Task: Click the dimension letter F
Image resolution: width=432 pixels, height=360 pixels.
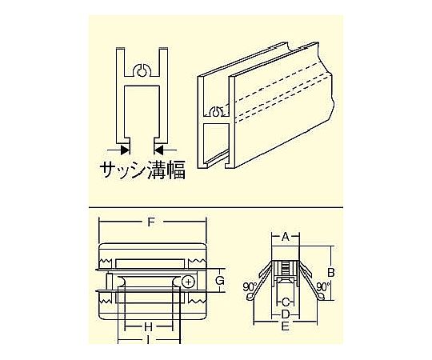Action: pos(150,222)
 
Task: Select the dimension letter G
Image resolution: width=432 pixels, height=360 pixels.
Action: pos(219,281)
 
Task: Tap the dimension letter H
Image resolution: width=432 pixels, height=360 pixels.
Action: pos(149,327)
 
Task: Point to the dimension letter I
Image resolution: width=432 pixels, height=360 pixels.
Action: pos(149,340)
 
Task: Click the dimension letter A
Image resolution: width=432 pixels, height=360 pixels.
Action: pos(286,236)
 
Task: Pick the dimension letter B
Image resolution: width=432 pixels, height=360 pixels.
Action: pos(330,272)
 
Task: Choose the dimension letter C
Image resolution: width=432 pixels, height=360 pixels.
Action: pos(286,302)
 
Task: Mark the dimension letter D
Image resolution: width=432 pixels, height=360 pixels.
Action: pos(286,314)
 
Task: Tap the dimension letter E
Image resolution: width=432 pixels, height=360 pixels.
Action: pos(286,326)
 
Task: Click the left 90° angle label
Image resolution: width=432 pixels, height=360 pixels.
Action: pos(250,287)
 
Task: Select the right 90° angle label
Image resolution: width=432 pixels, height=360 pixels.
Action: pos(322,286)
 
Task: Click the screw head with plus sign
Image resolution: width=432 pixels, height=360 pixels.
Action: pos(189,282)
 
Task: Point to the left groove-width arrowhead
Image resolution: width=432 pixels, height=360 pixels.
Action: pos(125,150)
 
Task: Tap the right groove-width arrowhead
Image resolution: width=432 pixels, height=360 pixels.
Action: pos(158,150)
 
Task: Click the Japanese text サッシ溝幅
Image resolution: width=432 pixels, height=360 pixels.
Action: pos(142,170)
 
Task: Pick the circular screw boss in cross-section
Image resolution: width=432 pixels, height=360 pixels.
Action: pos(142,70)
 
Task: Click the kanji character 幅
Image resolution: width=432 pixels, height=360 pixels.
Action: pos(175,170)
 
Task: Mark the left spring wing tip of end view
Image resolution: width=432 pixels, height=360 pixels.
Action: pos(249,297)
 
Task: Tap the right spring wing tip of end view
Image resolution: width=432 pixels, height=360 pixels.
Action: pos(322,296)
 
